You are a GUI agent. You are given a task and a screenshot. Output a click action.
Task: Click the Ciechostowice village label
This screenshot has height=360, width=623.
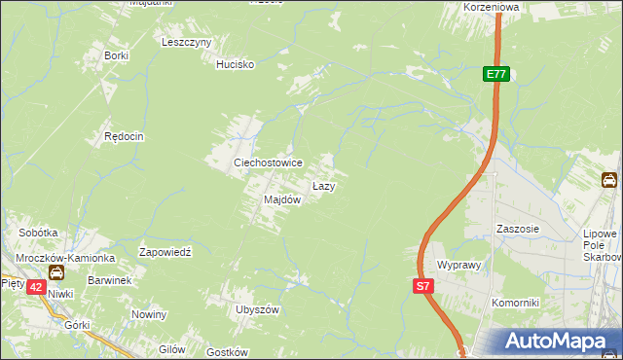click(x=267, y=162)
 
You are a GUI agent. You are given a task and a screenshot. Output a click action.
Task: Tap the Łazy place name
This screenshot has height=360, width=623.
click(x=324, y=185)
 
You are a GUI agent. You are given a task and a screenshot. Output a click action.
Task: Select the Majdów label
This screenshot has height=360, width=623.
click(x=282, y=199)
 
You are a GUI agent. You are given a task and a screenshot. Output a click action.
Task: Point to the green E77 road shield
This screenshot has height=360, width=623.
click(x=496, y=74)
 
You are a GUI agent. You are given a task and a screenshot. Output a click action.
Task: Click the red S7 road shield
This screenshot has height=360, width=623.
click(x=421, y=286)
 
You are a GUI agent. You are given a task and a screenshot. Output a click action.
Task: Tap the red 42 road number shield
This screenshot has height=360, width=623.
click(x=35, y=287)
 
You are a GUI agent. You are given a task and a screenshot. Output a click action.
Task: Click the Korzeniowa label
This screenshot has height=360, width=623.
click(x=492, y=6)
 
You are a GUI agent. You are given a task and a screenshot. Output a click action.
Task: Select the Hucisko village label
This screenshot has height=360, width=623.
click(x=235, y=64)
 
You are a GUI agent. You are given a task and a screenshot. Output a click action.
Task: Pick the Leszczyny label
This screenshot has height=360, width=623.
click(x=187, y=43)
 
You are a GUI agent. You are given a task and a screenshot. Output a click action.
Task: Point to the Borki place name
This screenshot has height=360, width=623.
click(x=117, y=55)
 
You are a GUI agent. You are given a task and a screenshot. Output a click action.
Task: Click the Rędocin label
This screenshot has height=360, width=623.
click(x=124, y=137)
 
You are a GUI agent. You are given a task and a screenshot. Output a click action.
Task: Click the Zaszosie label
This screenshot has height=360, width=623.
click(x=517, y=230)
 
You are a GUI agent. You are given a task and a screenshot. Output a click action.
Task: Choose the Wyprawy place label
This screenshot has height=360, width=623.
click(x=460, y=265)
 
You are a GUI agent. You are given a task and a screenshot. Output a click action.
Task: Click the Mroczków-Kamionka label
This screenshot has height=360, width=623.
click(x=66, y=258)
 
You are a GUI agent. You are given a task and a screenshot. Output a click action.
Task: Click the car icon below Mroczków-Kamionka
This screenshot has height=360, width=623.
click(x=56, y=273)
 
